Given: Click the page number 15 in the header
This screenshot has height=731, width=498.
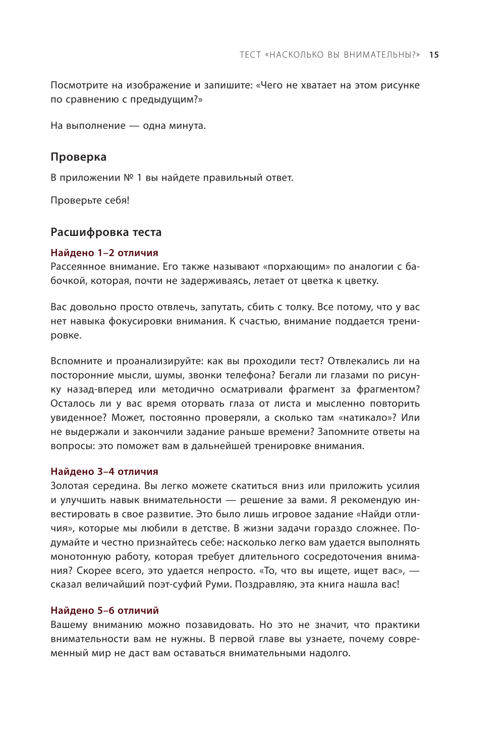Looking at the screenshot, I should point(434,55).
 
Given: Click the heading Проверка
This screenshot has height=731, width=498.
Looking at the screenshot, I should point(78,157).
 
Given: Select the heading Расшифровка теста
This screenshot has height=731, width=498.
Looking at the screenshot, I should point(106,232).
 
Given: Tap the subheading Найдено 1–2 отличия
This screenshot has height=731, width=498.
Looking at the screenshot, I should point(104,253).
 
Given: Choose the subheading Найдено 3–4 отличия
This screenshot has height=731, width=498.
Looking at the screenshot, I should point(104,472).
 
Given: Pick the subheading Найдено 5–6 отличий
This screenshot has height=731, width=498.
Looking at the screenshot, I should point(104,611).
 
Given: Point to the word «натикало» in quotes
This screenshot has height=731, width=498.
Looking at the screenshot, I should point(365,418).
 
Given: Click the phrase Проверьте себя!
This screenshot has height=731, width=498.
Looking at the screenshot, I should point(90,201).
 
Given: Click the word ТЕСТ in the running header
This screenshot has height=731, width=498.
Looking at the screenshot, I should point(250,55).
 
